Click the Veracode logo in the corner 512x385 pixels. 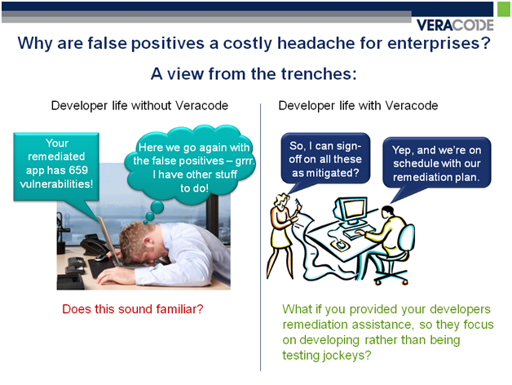click(x=455, y=24)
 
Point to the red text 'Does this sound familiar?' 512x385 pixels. click(x=133, y=309)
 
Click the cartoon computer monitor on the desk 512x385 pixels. click(x=351, y=211)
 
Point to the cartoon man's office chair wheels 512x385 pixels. click(x=391, y=280)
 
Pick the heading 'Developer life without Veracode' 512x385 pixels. click(x=139, y=105)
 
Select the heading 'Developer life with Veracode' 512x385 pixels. click(x=358, y=105)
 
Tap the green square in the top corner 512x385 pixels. click(x=504, y=9)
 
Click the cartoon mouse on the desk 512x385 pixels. click(x=340, y=244)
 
